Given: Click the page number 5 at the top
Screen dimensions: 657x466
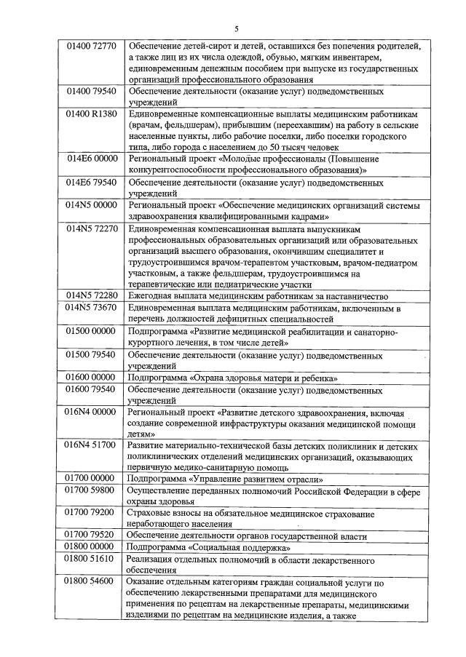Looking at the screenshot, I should (237, 29).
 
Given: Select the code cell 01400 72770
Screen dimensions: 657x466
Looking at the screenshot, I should (90, 47).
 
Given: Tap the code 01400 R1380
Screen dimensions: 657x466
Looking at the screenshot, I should (90, 115).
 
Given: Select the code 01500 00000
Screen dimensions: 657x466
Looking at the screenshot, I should (90, 332).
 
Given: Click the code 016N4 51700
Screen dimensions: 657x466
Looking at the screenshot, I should (90, 445).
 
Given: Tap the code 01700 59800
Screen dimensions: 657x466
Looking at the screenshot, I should (90, 491).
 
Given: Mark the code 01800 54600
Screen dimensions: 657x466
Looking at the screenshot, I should (90, 582).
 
